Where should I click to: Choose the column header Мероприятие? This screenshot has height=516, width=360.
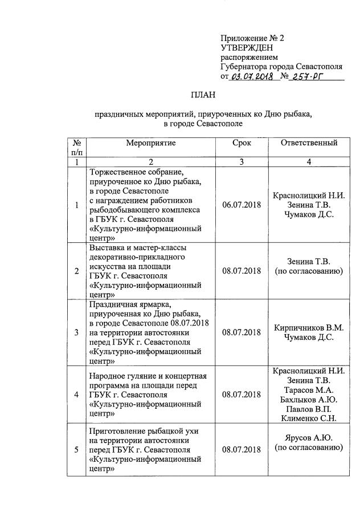click(x=151, y=143)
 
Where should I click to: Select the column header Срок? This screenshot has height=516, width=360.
click(x=242, y=143)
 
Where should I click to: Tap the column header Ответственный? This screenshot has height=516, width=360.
click(x=309, y=143)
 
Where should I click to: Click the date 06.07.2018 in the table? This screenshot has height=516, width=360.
click(x=242, y=205)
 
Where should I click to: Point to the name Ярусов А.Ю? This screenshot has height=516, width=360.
click(x=309, y=438)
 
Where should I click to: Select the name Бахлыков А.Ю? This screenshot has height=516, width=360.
click(x=309, y=399)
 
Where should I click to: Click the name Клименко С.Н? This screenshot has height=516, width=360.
click(x=309, y=419)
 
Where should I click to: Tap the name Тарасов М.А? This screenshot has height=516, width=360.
click(x=309, y=390)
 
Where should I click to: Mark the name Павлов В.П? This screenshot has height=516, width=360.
click(x=309, y=409)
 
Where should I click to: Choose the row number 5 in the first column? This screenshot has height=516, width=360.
click(x=77, y=449)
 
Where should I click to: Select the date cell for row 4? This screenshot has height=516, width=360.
click(x=242, y=395)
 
